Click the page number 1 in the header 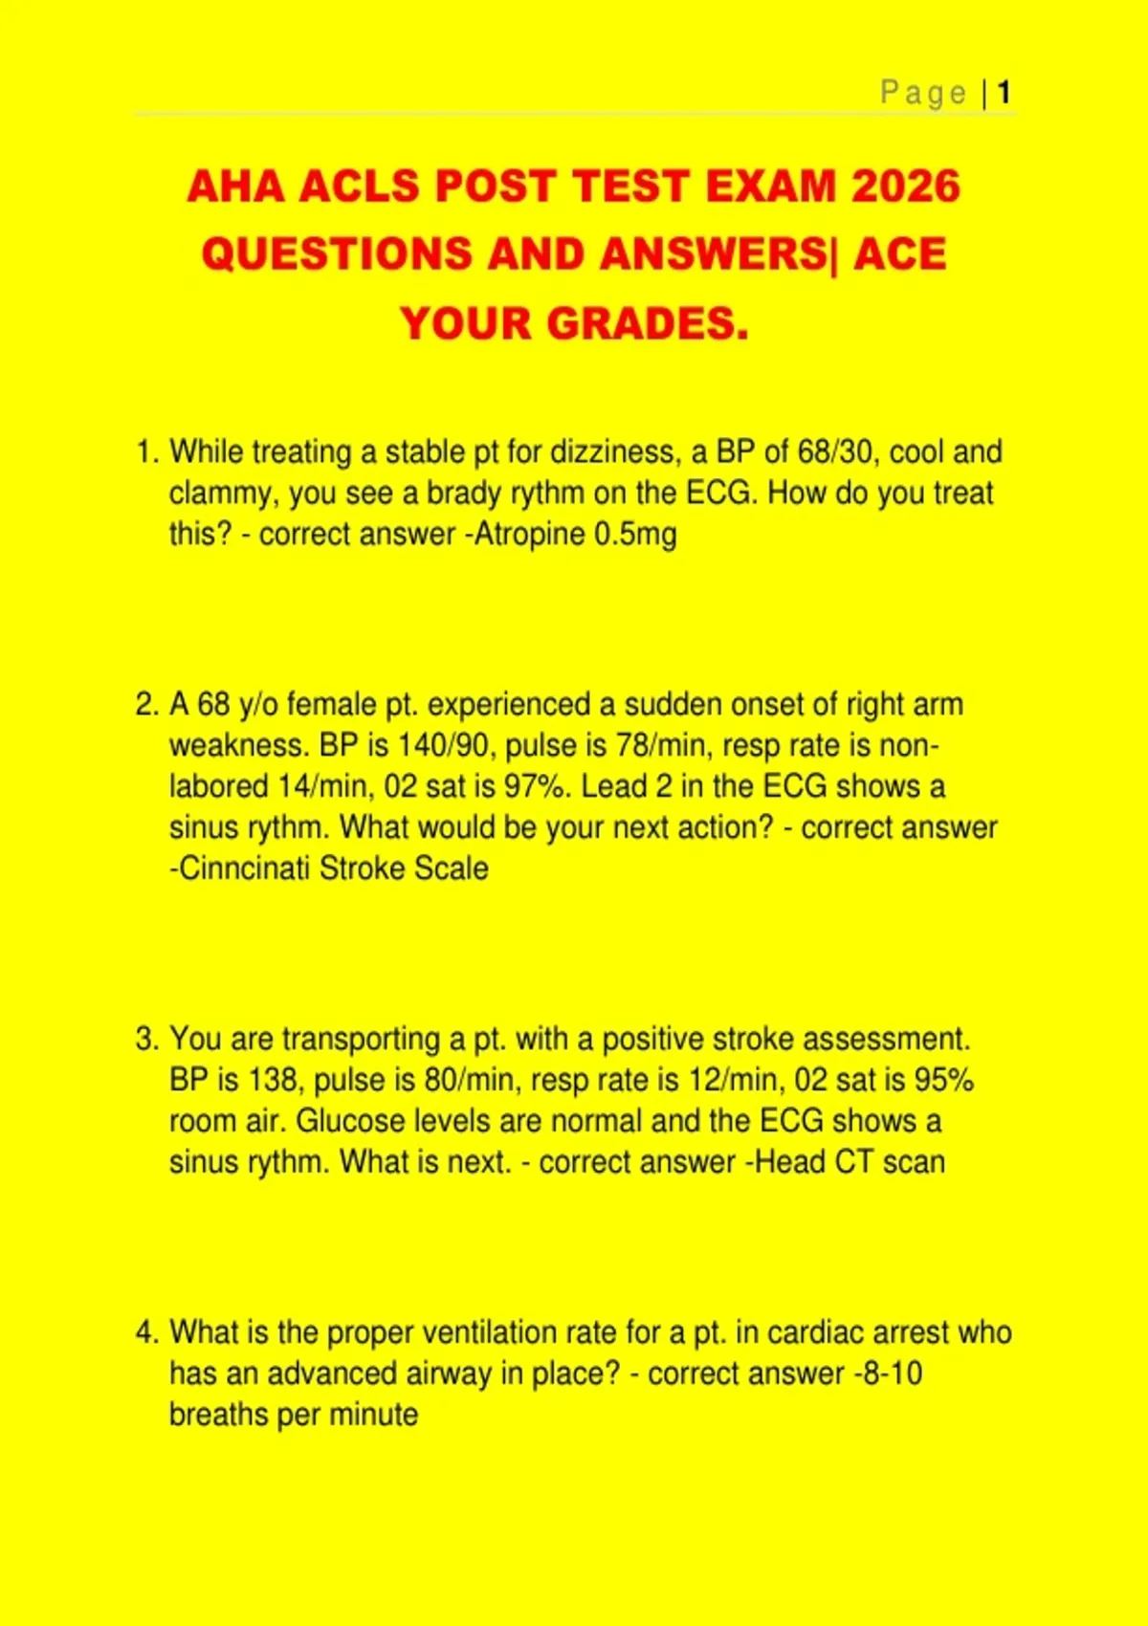pyautogui.click(x=1004, y=93)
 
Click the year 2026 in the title pyautogui.click(x=905, y=186)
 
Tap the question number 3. pyautogui.click(x=145, y=1039)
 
